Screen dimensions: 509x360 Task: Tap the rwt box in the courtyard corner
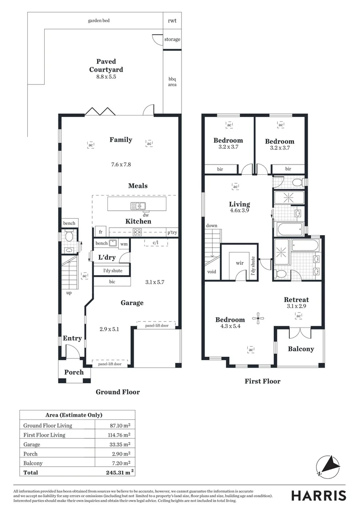pyautogui.click(x=172, y=21)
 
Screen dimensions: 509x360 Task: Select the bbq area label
pyautogui.click(x=172, y=82)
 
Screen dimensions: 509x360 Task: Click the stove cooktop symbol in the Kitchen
pyautogui.click(x=138, y=232)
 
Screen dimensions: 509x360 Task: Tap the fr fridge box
pyautogui.click(x=100, y=232)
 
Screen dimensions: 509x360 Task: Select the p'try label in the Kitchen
pyautogui.click(x=172, y=232)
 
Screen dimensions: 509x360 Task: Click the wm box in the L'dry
pyautogui.click(x=123, y=244)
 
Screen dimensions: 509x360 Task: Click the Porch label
pyautogui.click(x=74, y=372)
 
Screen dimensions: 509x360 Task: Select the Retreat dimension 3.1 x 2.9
pyautogui.click(x=297, y=306)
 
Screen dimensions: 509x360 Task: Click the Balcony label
pyautogui.click(x=301, y=349)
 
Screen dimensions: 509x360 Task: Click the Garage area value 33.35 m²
pyautogui.click(x=120, y=444)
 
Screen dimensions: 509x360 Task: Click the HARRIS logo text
pyautogui.click(x=319, y=495)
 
